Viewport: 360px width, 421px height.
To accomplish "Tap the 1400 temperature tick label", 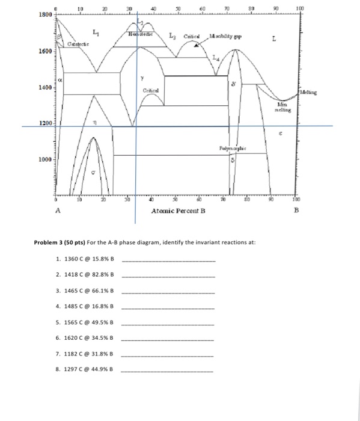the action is coord(46,88).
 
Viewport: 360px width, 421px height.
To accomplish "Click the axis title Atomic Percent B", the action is coord(178,211).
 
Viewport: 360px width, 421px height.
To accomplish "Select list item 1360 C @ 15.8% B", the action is coord(84,259).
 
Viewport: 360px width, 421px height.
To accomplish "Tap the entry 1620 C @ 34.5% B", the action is coord(84,338).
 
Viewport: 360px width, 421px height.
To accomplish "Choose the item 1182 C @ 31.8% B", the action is coord(84,354).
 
